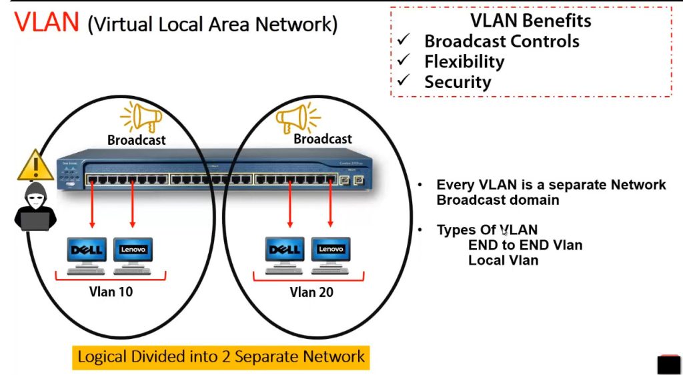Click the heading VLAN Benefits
click(x=530, y=21)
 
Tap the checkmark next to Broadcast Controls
click(x=403, y=41)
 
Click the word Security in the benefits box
click(x=458, y=82)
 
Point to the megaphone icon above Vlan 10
click(x=141, y=118)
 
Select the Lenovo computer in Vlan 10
click(x=133, y=254)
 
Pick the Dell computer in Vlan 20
click(x=285, y=254)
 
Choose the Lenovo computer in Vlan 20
click(x=330, y=254)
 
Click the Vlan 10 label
click(x=111, y=292)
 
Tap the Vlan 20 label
click(x=311, y=292)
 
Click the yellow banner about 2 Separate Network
click(x=221, y=356)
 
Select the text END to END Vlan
click(x=525, y=245)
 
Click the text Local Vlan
click(x=503, y=260)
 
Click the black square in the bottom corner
click(x=668, y=364)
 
